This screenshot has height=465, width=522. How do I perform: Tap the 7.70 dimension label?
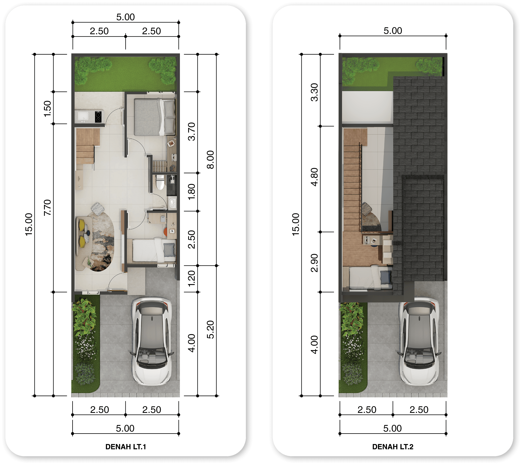(47, 207)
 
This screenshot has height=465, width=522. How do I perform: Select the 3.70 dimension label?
(192, 132)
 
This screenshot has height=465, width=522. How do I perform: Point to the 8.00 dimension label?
(210, 160)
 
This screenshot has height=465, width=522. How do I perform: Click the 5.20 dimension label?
(210, 330)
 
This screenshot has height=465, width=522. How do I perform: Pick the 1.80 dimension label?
(192, 192)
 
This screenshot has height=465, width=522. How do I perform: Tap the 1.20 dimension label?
(192, 278)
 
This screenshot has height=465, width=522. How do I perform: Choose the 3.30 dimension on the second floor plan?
(314, 92)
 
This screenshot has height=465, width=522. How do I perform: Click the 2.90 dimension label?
(314, 263)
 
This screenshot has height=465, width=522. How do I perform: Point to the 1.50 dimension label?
(47, 109)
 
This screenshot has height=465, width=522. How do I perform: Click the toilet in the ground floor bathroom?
(160, 182)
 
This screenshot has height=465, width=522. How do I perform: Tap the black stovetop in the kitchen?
(98, 117)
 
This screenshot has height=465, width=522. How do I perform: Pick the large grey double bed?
(155, 117)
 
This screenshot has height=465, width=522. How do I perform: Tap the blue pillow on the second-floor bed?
(386, 277)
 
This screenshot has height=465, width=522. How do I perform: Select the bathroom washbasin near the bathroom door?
(173, 203)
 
